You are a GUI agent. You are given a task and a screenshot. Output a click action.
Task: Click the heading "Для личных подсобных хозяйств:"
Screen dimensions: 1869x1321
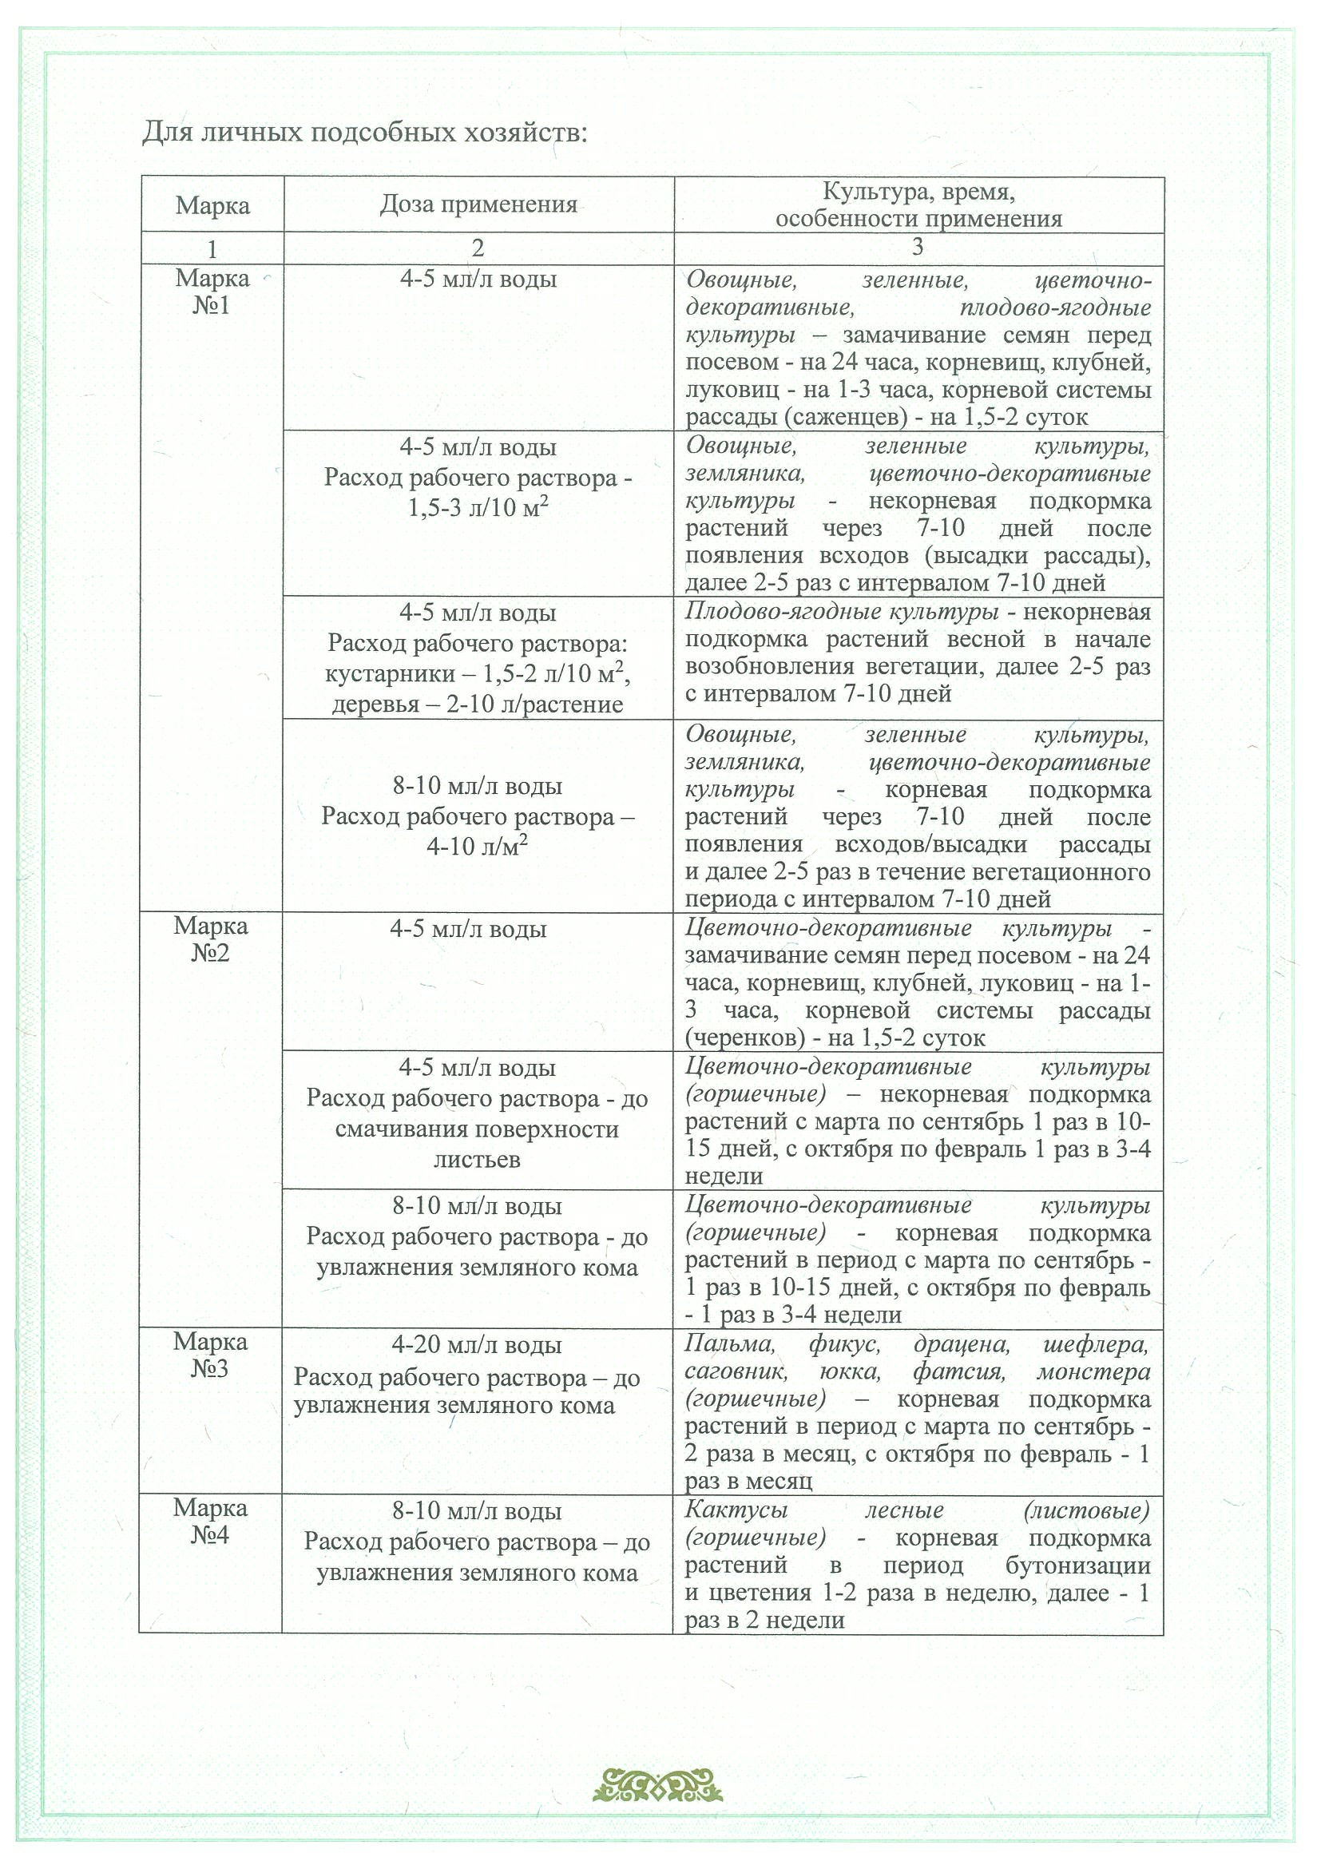(364, 132)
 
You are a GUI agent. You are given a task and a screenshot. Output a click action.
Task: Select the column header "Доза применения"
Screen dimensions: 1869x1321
(478, 204)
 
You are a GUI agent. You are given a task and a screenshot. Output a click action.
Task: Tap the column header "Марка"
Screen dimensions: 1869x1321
(212, 205)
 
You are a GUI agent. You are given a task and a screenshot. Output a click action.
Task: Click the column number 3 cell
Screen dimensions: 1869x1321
(918, 247)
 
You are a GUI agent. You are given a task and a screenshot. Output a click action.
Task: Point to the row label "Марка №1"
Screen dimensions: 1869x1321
(212, 292)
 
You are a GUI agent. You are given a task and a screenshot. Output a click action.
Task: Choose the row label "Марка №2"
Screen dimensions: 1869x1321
(210, 938)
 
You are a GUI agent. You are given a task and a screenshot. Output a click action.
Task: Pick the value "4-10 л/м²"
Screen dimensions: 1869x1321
(477, 847)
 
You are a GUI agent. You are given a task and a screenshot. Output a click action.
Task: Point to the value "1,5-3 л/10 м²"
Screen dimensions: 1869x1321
(477, 507)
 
